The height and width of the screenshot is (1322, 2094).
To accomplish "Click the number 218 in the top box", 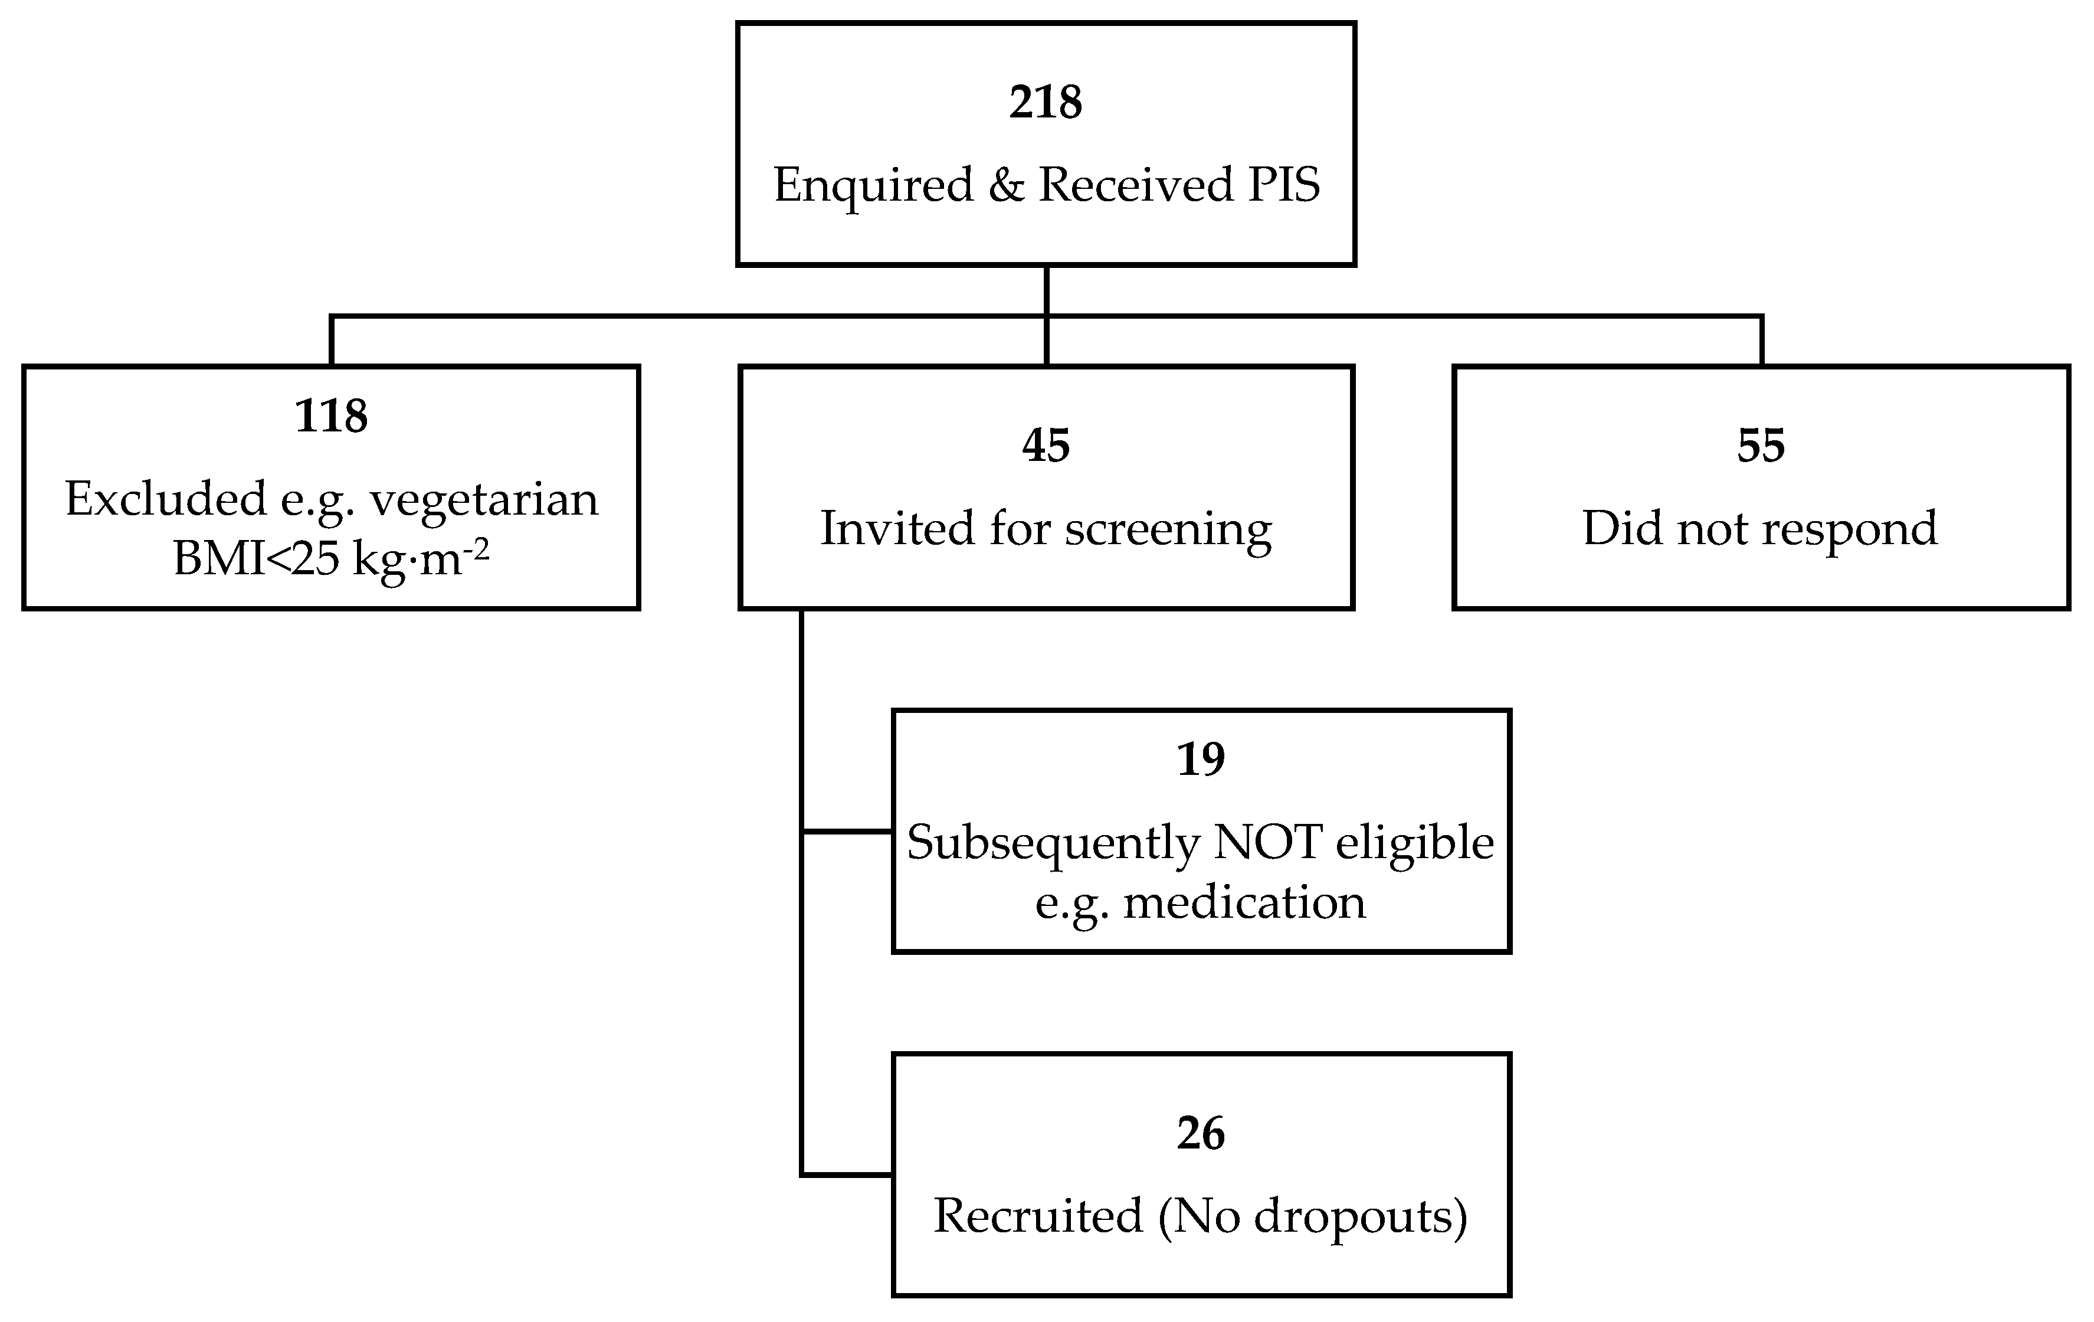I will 1046,103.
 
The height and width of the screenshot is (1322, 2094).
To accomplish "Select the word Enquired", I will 873,185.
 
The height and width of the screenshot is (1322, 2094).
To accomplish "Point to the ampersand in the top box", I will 1006,185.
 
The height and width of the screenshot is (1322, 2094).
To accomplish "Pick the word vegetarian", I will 484,499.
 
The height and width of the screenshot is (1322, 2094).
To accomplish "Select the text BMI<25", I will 255,558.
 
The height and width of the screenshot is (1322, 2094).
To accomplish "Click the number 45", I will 1046,446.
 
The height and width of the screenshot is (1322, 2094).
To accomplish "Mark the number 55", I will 1761,446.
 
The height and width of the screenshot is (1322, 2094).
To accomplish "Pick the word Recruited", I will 1037,1216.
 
